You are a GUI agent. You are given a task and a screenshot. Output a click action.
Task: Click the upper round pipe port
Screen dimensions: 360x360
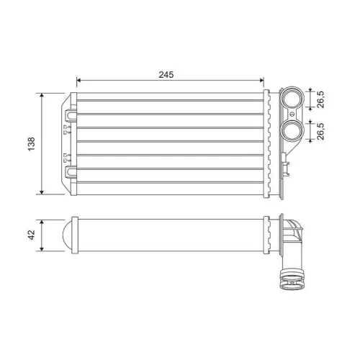click(x=291, y=99)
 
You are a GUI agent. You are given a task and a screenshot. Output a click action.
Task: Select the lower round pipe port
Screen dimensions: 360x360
click(x=291, y=130)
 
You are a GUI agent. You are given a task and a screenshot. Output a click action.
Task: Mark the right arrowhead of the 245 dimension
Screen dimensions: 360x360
click(x=263, y=81)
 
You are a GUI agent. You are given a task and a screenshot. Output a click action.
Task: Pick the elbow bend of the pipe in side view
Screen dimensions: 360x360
click(x=293, y=235)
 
